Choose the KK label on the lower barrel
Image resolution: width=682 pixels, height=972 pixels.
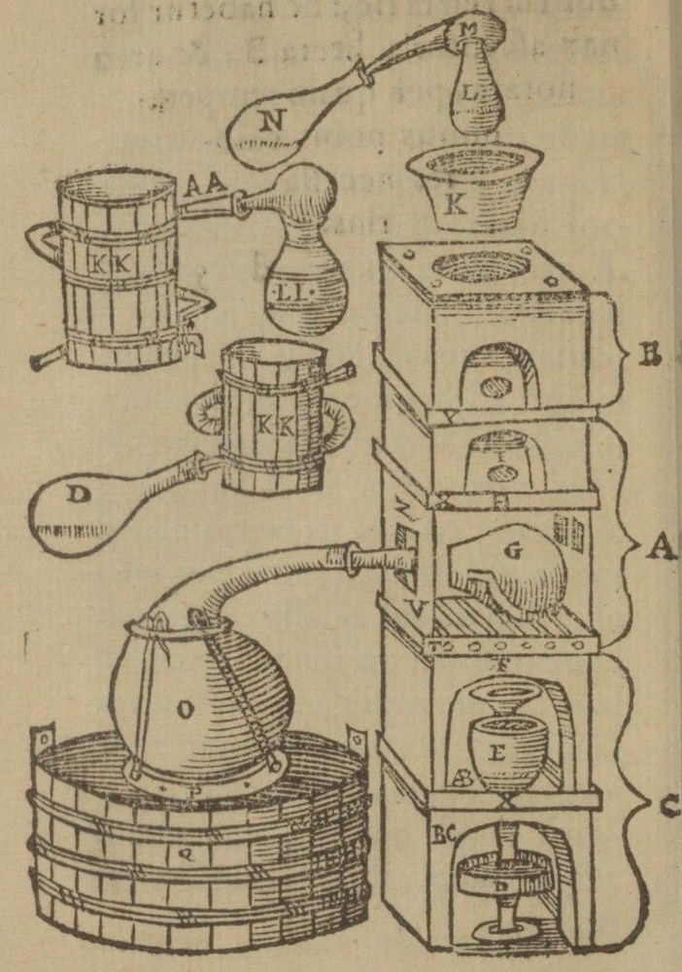point(266,424)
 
